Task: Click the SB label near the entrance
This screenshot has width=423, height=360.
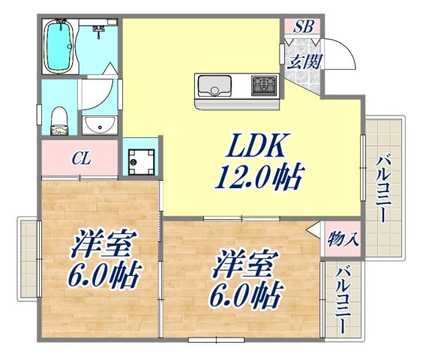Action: pos(303,27)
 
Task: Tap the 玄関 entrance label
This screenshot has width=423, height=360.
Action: pos(303,61)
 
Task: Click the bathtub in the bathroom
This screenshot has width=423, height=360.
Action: pos(58,46)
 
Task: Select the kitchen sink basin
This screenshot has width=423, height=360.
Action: pos(215,88)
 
